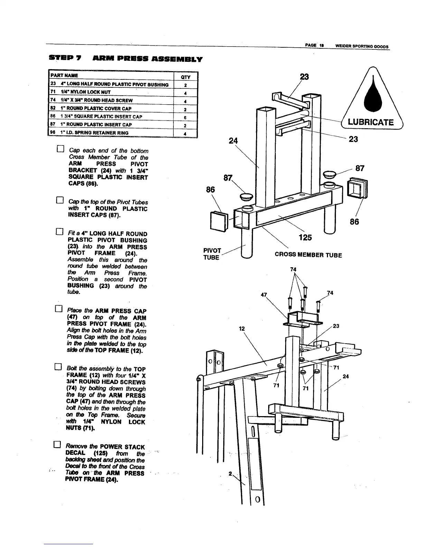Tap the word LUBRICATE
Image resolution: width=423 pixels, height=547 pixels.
click(x=371, y=122)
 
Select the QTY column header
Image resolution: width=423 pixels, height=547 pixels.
click(x=185, y=77)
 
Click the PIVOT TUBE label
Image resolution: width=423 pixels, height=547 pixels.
click(x=212, y=254)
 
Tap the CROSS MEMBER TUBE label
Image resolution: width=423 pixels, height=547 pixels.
click(x=308, y=255)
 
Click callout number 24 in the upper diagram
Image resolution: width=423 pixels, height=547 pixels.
click(x=234, y=141)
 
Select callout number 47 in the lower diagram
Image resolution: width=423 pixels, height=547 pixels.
click(x=264, y=295)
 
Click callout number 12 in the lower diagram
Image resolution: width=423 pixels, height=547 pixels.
click(x=242, y=329)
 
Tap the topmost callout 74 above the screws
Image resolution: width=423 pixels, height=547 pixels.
click(x=293, y=269)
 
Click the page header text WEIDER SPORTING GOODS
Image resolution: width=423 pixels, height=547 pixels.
click(x=359, y=47)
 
